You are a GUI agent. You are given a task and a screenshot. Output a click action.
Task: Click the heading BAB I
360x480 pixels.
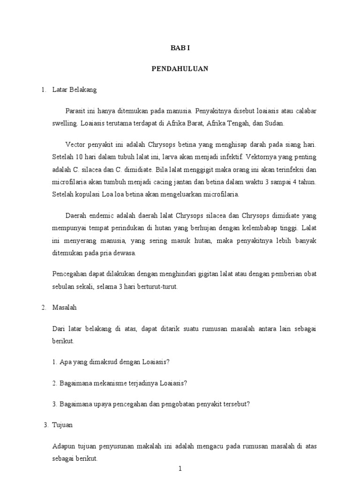[x=180, y=48]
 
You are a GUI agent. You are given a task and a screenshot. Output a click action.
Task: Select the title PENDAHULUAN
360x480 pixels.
[x=180, y=68]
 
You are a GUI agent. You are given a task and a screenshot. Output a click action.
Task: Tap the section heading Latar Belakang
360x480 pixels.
[x=75, y=89]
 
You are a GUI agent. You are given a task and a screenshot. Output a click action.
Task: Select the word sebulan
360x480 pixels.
[x=63, y=286]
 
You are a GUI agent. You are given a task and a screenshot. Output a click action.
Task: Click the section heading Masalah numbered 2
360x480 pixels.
[x=65, y=307]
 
